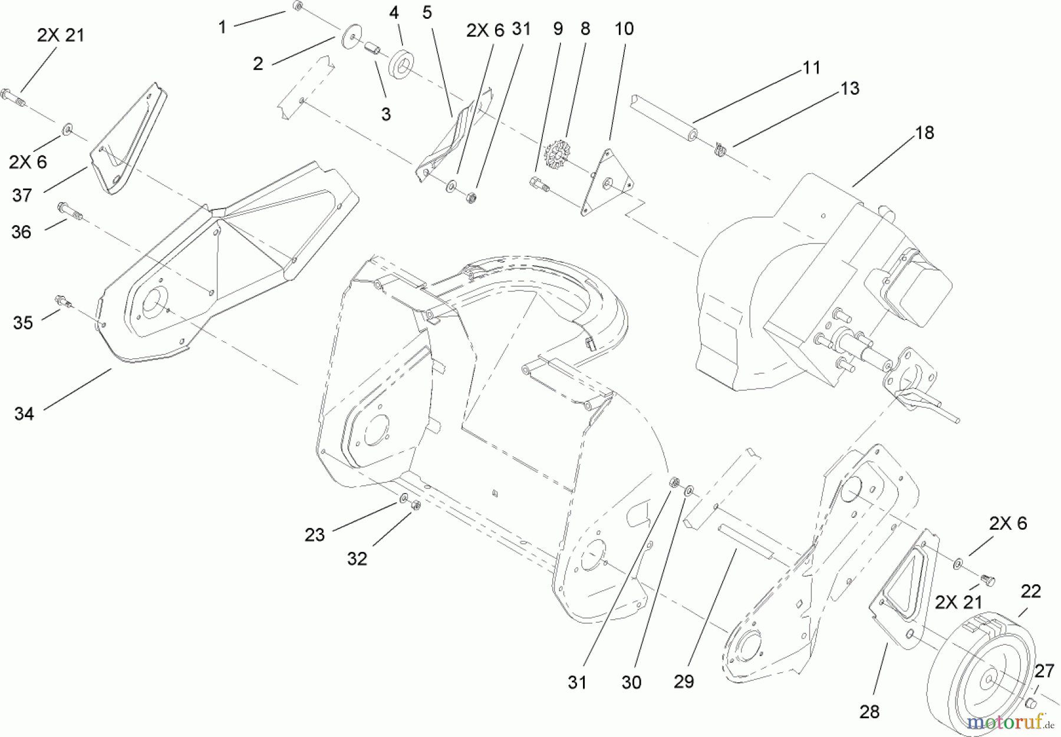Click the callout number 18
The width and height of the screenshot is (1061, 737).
click(x=925, y=133)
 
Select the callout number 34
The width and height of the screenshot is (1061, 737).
click(x=24, y=414)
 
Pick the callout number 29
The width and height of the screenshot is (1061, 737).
click(x=684, y=682)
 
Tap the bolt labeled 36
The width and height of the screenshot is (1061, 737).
click(x=66, y=210)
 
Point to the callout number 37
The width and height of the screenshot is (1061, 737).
click(x=22, y=195)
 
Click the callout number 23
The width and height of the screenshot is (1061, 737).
click(x=315, y=535)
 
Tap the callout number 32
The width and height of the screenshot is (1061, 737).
click(x=357, y=558)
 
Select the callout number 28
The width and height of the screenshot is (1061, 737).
click(x=869, y=712)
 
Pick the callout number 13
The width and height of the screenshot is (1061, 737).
click(x=850, y=88)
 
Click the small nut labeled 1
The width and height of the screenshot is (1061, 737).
click(x=297, y=7)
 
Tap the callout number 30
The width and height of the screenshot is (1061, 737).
click(x=631, y=682)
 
